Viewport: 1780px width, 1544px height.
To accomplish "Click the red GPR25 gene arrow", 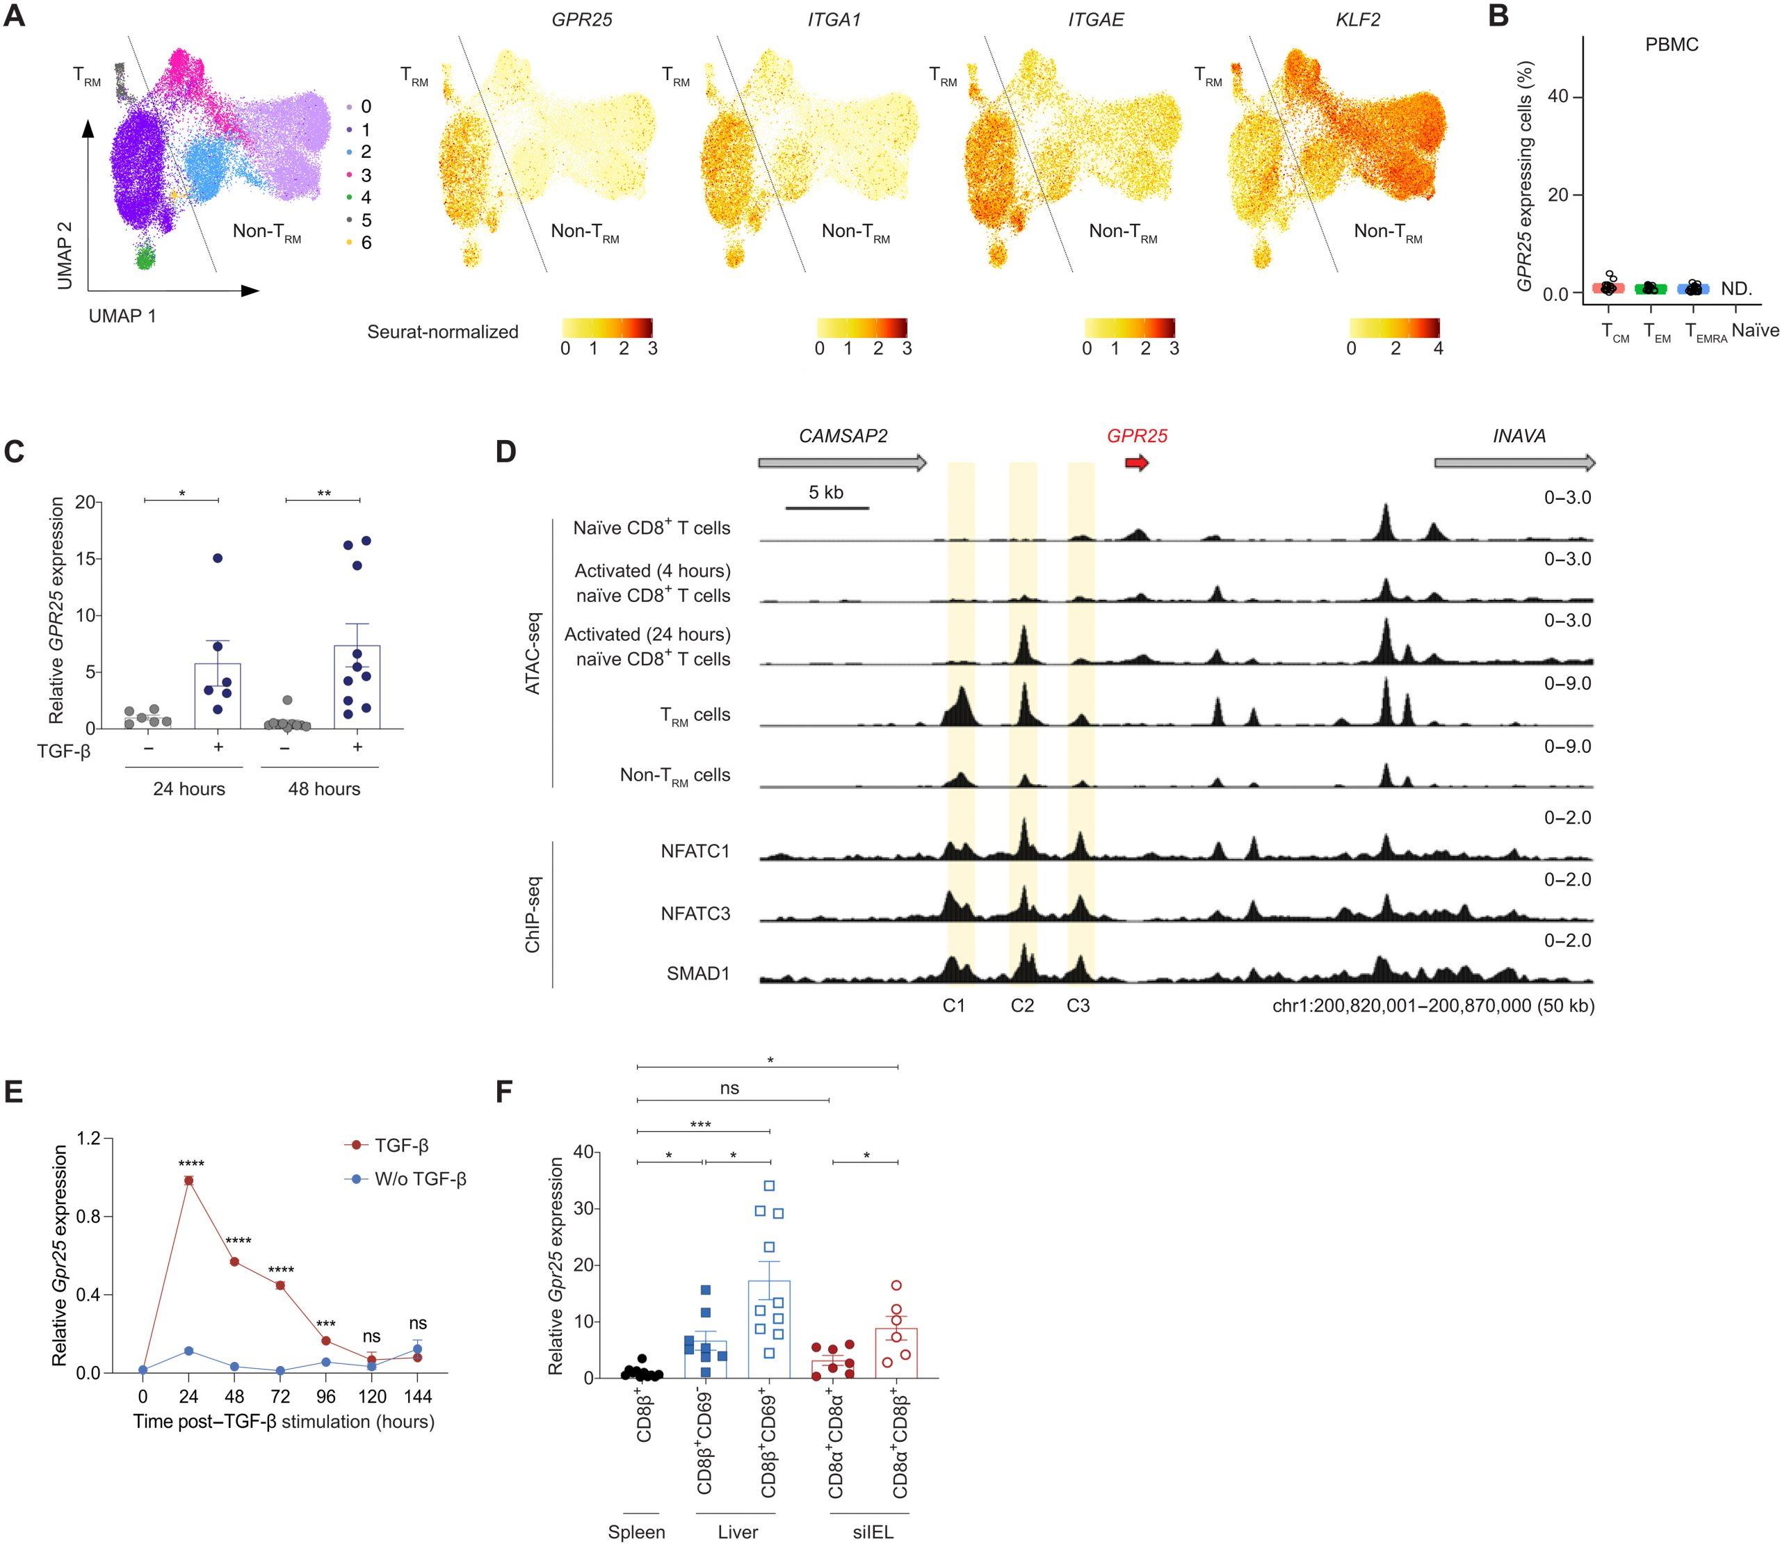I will [x=1136, y=464].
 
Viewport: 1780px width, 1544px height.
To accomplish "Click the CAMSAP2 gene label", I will [x=842, y=436].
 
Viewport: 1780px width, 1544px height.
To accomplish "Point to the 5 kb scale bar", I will [x=826, y=507].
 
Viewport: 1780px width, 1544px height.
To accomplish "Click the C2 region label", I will [x=1022, y=1005].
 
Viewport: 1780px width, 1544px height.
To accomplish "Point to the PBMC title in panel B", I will [x=1671, y=44].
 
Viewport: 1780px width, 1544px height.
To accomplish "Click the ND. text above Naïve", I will [x=1736, y=289].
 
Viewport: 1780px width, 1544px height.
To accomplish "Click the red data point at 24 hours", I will [x=188, y=1180].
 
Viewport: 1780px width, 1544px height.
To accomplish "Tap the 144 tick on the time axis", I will [x=418, y=1396].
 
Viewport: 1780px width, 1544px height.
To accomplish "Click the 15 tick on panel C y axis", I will [x=86, y=558].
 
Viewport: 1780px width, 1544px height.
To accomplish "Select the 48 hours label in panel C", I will [x=324, y=789].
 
